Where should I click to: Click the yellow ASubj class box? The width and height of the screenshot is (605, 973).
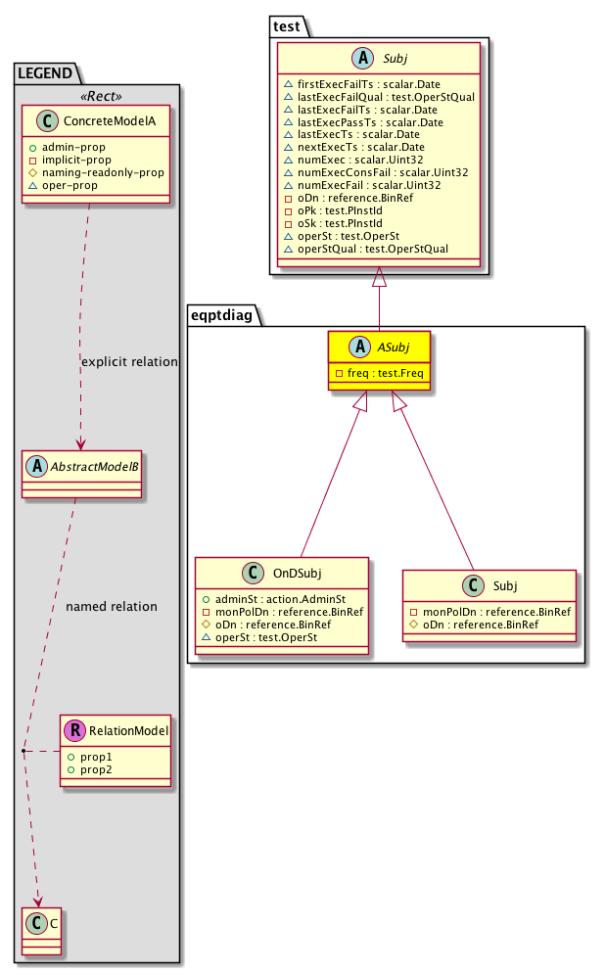click(379, 360)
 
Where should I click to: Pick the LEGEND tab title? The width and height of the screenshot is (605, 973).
click(44, 71)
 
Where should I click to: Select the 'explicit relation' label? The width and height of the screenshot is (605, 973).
click(129, 361)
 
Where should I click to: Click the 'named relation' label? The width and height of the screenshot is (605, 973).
click(111, 606)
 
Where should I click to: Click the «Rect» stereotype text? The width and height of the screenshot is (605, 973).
click(96, 96)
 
